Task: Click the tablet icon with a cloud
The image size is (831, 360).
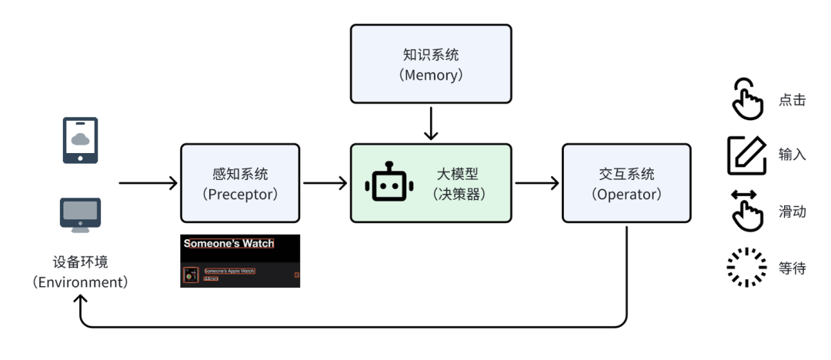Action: click(x=80, y=140)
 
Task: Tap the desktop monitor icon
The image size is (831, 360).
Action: click(x=80, y=212)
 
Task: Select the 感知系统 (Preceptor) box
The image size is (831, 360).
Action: click(x=239, y=184)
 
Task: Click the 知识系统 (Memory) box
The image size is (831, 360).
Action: click(x=431, y=64)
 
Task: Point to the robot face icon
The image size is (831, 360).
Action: click(x=389, y=183)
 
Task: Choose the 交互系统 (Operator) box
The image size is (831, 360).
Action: click(x=626, y=184)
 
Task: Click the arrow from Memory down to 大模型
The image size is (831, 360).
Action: click(x=431, y=123)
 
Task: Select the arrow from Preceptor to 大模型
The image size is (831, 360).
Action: click(x=325, y=183)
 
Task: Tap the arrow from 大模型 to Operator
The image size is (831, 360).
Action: click(x=536, y=183)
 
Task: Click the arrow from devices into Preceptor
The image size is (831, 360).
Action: click(x=149, y=183)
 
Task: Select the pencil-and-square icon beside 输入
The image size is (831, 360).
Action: click(x=746, y=155)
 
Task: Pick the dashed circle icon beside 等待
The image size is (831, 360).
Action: click(x=746, y=268)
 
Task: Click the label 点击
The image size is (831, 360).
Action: click(x=792, y=100)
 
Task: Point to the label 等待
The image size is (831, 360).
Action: click(x=792, y=268)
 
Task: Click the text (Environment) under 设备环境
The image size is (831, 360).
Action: click(x=80, y=282)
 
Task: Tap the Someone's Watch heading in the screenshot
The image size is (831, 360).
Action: click(x=229, y=244)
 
